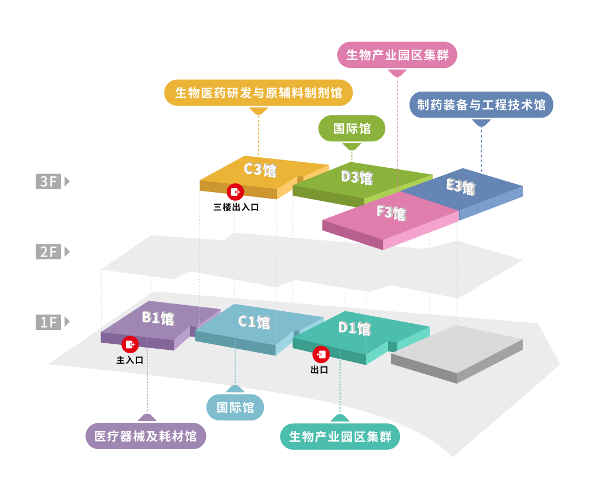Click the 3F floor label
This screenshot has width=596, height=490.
[x=49, y=181]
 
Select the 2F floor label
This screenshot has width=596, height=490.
[x=49, y=252]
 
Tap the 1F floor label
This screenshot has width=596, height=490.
[x=49, y=322]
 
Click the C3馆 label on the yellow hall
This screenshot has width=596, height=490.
[x=260, y=169]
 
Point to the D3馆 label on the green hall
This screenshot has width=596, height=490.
[x=356, y=177]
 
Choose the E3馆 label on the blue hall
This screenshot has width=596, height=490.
[x=460, y=186]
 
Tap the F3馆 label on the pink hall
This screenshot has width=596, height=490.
[x=391, y=212]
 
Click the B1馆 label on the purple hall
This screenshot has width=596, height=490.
[x=158, y=318]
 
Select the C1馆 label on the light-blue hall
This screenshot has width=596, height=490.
[x=254, y=322]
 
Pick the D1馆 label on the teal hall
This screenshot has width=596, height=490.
[x=354, y=328]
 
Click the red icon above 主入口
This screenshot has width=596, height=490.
[x=130, y=344]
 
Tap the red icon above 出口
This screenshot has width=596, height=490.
[x=321, y=354]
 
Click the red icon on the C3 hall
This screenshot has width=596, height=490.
[x=235, y=191]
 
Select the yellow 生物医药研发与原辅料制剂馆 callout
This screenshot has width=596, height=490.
[x=258, y=93]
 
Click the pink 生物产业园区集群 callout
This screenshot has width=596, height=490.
[x=397, y=55]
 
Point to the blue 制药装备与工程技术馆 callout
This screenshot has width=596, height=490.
[x=481, y=105]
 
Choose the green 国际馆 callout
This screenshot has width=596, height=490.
[x=352, y=129]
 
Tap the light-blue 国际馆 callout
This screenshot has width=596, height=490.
[x=235, y=408]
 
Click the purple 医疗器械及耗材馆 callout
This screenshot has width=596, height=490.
[x=146, y=436]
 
